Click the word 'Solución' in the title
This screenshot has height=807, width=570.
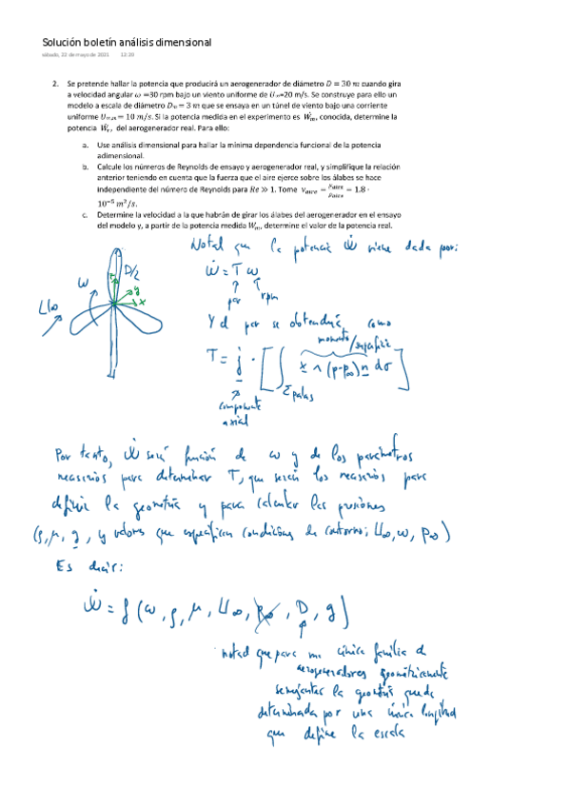tap(63, 42)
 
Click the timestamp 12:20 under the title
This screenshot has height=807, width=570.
tap(127, 55)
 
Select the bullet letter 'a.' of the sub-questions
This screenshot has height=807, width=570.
tap(86, 144)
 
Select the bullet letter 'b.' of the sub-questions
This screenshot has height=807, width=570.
tap(86, 166)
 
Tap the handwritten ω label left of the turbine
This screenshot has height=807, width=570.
tap(84, 284)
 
